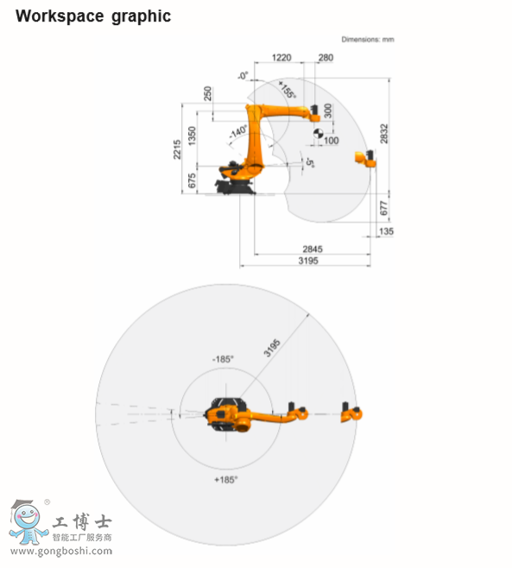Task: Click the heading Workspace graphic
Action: coord(93,16)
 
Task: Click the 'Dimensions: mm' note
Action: coord(368,40)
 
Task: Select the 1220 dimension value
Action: coord(281,59)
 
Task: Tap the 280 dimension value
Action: coord(326,59)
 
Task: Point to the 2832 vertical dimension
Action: coord(384,134)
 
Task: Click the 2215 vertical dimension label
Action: coord(177,148)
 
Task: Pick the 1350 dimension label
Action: coord(193,136)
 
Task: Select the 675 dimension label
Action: coord(193,180)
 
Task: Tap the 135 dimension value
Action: coord(386,231)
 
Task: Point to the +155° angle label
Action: coord(288,91)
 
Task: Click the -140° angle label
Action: coord(238,133)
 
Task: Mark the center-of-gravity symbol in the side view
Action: coord(318,134)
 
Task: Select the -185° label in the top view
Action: coord(224,358)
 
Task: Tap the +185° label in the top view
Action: coord(225,478)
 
